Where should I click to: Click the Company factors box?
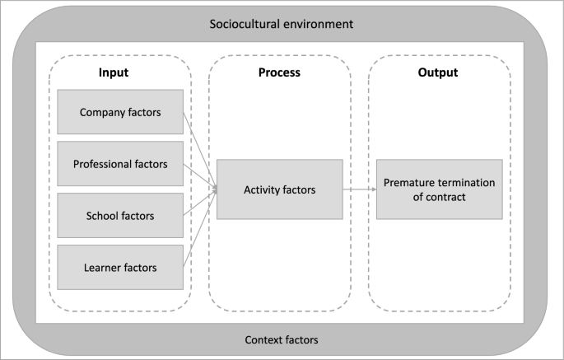120,111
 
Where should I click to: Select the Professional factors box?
120,164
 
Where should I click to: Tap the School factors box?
120,216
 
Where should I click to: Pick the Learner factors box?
120,267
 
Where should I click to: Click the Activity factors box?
279,189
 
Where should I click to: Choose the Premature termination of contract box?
439,189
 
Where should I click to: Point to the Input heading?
113,72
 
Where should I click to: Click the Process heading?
279,72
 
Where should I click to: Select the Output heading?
438,72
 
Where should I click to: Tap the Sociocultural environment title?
282,24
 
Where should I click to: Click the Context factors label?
282,339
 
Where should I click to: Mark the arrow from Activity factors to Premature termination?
359,189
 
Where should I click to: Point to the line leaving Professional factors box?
199,176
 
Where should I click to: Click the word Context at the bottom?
265,339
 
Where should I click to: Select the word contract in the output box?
446,198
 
